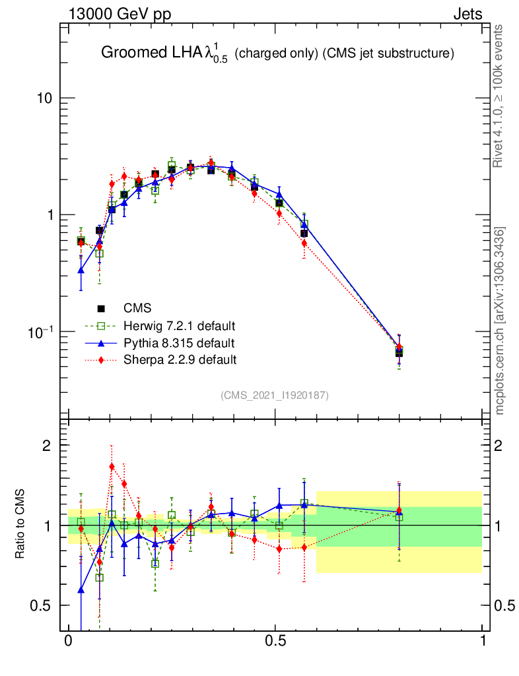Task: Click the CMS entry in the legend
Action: pyautogui.click(x=137, y=308)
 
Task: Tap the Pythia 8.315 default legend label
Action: pyautogui.click(x=179, y=343)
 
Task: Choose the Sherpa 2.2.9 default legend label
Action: pyautogui.click(x=180, y=360)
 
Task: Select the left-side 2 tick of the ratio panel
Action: pyautogui.click(x=48, y=446)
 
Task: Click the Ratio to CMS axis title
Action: pyautogui.click(x=20, y=525)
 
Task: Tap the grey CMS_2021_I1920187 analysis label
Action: pyautogui.click(x=275, y=395)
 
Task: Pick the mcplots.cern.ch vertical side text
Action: pyautogui.click(x=500, y=320)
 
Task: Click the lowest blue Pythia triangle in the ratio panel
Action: pyautogui.click(x=81, y=590)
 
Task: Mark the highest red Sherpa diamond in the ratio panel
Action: pyautogui.click(x=112, y=467)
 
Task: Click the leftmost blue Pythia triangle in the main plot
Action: pyautogui.click(x=81, y=269)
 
